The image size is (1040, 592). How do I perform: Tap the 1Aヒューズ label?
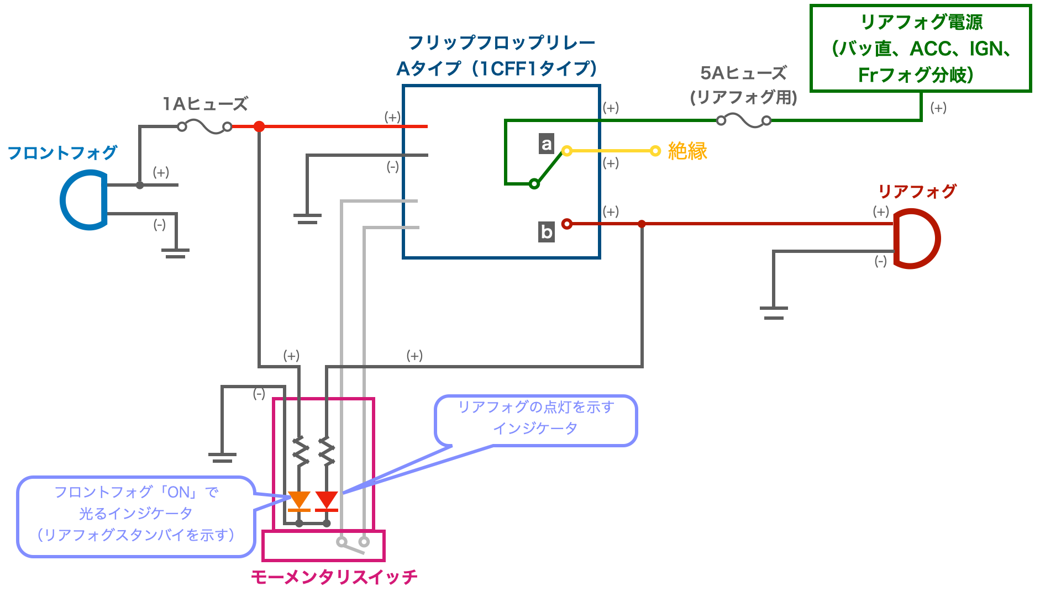click(x=205, y=104)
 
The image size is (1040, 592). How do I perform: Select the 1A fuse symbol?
click(x=204, y=127)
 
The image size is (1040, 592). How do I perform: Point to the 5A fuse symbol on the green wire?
click(x=744, y=120)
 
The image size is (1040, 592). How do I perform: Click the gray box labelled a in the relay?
click(x=547, y=144)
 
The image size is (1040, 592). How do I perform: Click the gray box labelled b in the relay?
click(x=547, y=231)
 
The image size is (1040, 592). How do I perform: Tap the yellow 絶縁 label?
click(x=687, y=151)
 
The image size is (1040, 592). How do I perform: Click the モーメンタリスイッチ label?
click(x=334, y=577)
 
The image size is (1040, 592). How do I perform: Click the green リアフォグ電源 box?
click(x=921, y=48)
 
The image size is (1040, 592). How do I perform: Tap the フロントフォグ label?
click(x=62, y=152)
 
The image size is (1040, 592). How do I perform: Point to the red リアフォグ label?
click(x=917, y=192)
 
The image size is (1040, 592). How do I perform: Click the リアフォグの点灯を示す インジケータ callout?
click(x=536, y=420)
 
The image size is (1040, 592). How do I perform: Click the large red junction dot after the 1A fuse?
click(x=259, y=126)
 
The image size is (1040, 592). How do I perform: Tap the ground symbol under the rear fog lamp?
click(x=774, y=313)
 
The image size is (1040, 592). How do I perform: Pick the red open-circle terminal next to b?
click(x=567, y=224)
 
